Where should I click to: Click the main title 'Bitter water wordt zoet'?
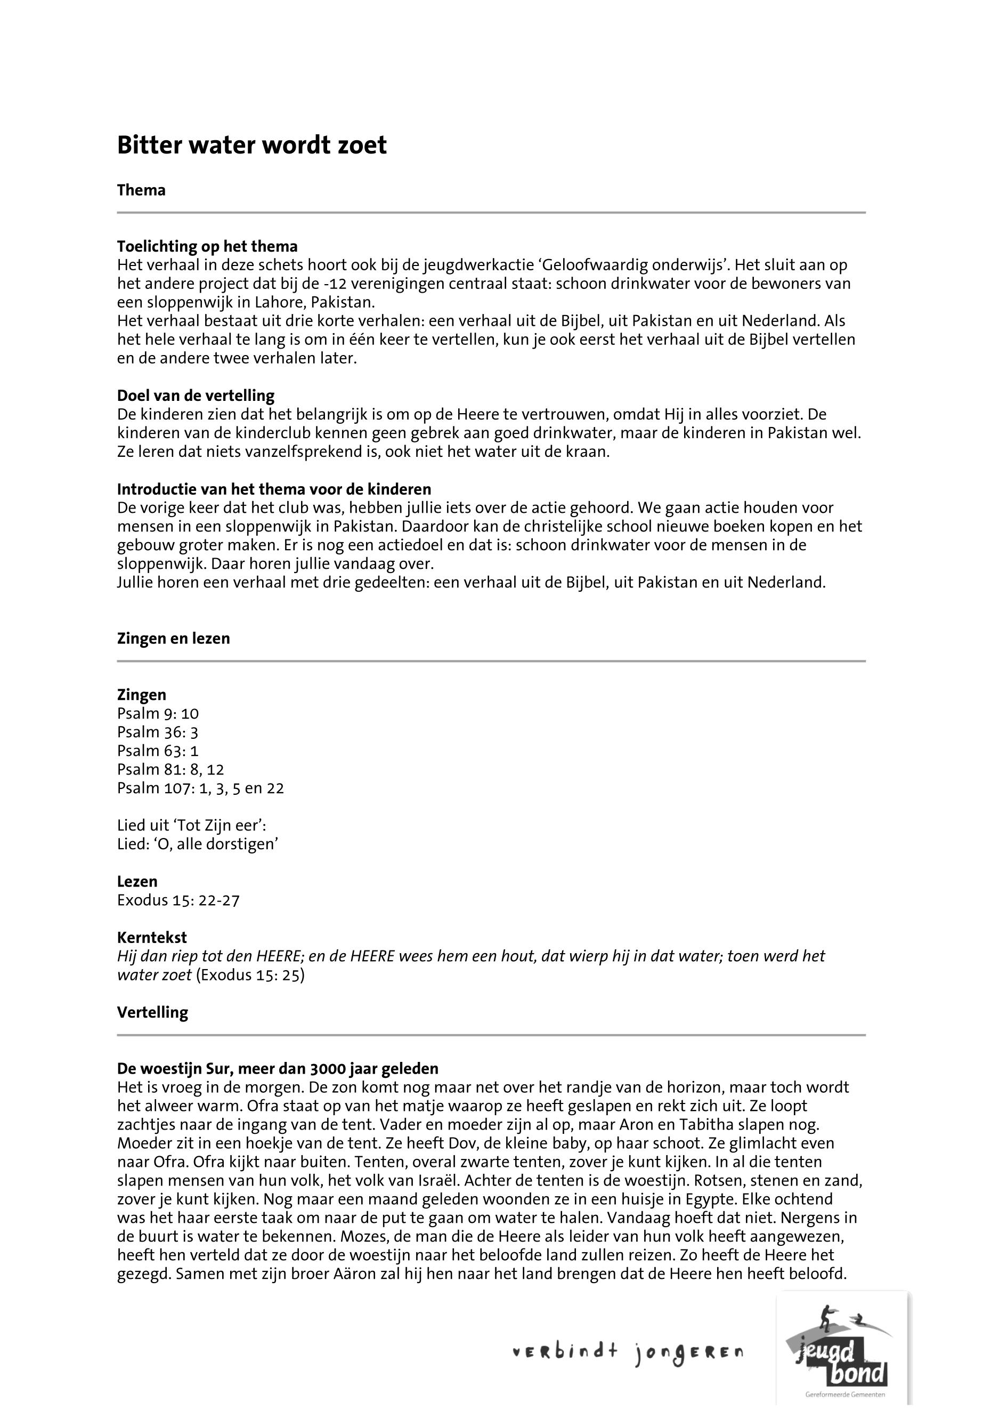251,146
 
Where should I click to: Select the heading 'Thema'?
141,190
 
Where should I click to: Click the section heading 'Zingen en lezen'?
173,639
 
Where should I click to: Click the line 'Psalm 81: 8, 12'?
170,770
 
